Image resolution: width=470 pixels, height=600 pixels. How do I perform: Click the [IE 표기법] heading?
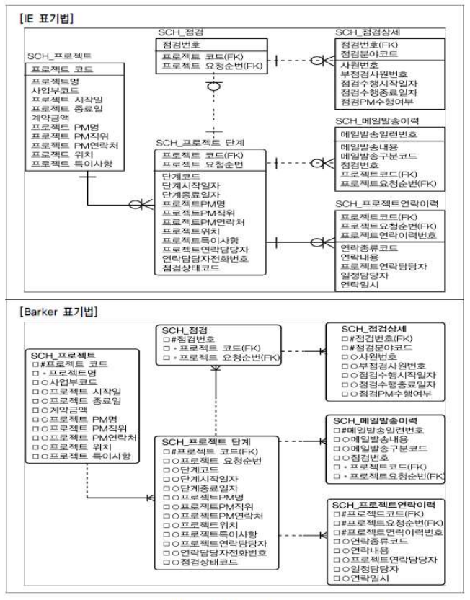[x=43, y=16]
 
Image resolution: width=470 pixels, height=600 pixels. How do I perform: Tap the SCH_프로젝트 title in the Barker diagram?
[x=64, y=354]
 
